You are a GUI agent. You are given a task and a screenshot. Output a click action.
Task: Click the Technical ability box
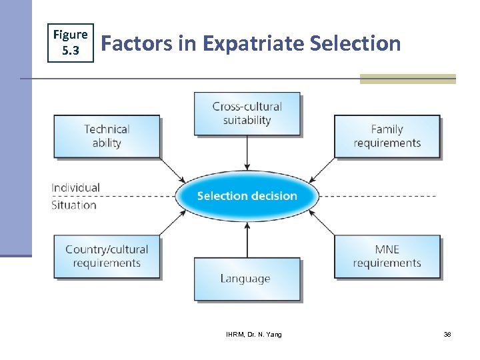tap(107, 136)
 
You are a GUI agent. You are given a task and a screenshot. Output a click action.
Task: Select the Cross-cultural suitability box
tap(247, 113)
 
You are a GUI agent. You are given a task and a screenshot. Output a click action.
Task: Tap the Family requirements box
tap(387, 136)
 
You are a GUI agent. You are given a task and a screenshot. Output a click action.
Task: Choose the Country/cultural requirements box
tap(107, 256)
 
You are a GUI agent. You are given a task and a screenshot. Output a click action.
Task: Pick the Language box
tap(247, 279)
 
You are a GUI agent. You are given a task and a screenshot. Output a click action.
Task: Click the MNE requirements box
tap(387, 256)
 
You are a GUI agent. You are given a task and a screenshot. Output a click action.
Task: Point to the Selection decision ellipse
tap(247, 196)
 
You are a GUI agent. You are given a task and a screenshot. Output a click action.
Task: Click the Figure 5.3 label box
tap(70, 41)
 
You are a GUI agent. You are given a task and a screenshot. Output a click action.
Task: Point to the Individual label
tap(75, 187)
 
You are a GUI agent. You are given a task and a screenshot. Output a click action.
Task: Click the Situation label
tap(74, 205)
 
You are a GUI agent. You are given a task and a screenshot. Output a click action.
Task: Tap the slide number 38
tap(447, 334)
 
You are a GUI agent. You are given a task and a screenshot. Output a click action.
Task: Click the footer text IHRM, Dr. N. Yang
tap(253, 334)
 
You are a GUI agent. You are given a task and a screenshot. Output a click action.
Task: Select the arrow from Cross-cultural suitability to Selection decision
tap(247, 153)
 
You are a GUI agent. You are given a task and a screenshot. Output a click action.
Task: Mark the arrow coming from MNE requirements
tap(323, 222)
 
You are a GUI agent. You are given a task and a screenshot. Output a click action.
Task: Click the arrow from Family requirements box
tap(323, 169)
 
